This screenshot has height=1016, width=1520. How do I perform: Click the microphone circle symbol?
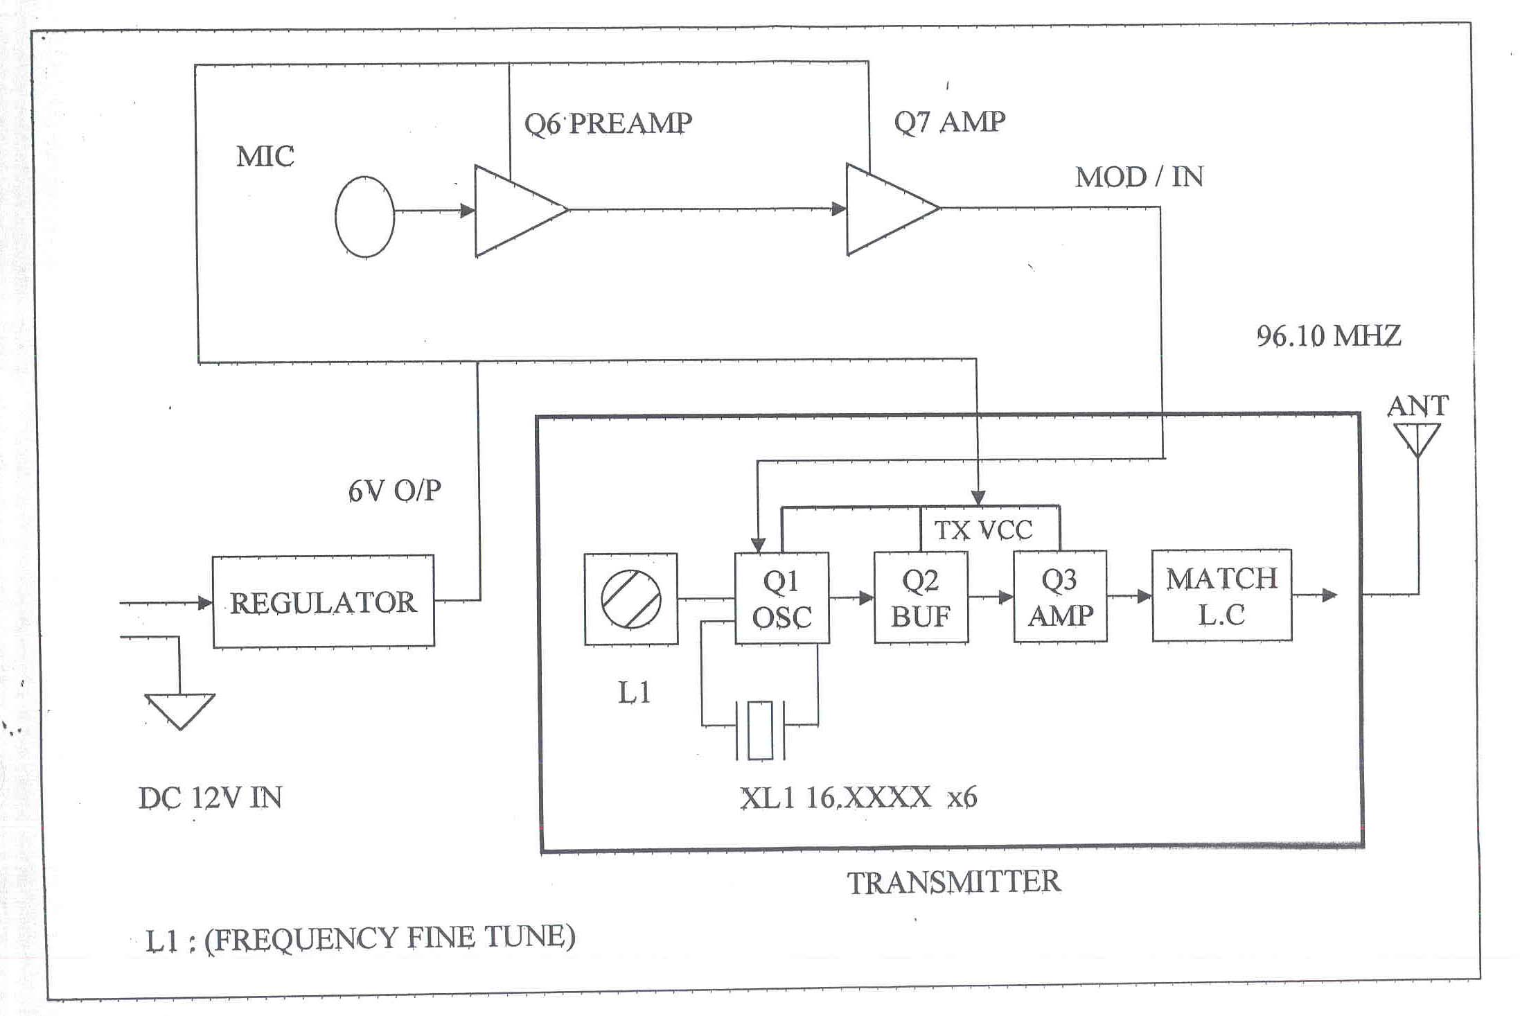click(364, 217)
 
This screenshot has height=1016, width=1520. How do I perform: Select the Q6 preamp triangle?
click(513, 210)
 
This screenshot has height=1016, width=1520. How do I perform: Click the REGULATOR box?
click(323, 602)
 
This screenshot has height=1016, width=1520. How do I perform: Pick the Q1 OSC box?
click(781, 598)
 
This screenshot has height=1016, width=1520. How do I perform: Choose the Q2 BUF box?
click(921, 597)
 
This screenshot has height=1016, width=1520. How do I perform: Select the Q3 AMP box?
click(1060, 597)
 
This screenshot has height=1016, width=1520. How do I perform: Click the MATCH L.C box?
click(1221, 595)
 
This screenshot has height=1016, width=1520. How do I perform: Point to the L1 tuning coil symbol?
click(630, 599)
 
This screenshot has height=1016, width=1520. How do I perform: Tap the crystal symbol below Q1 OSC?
click(760, 730)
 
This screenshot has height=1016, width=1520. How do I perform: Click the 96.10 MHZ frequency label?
click(1328, 336)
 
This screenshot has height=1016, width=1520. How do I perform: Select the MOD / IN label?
click(1139, 177)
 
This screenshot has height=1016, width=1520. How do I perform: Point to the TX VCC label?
click(983, 530)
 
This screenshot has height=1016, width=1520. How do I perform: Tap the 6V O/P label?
click(394, 491)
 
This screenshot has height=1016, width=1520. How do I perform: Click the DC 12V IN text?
click(210, 798)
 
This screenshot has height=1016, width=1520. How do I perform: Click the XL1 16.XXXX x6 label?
click(858, 798)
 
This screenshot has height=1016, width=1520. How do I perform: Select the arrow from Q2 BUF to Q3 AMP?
click(991, 597)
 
